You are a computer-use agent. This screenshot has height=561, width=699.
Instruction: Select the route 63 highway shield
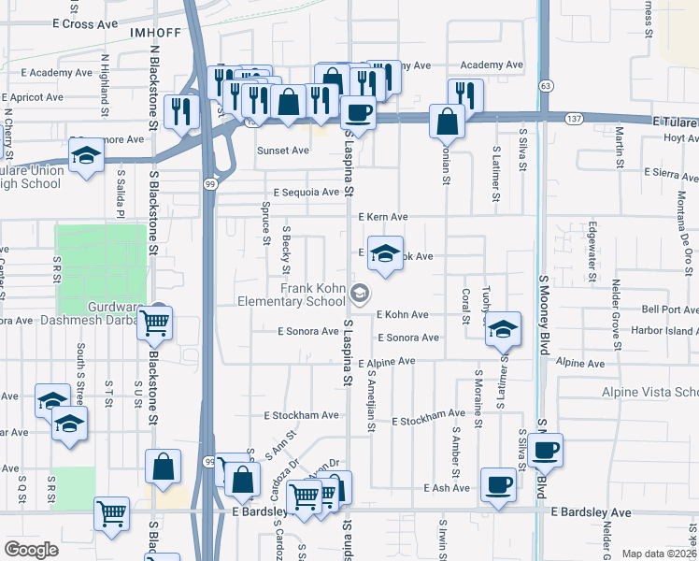click(x=544, y=85)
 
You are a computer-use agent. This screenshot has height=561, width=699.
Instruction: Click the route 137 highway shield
click(x=575, y=118)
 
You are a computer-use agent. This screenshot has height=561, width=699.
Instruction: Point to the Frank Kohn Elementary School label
click(x=304, y=295)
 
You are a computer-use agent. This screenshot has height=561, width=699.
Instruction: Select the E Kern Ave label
click(x=383, y=217)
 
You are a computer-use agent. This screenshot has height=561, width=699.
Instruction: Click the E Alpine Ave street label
click(x=384, y=361)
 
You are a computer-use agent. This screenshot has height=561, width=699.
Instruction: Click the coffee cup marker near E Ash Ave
click(x=498, y=485)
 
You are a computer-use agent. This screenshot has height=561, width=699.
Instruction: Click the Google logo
click(x=31, y=549)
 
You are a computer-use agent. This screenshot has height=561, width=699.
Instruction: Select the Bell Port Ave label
click(x=668, y=309)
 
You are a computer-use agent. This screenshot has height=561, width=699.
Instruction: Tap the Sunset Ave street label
click(x=283, y=150)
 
